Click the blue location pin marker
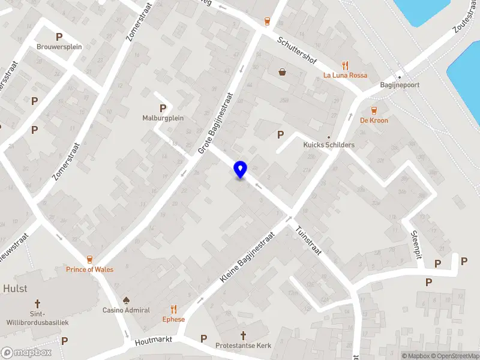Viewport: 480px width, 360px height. pyautogui.click(x=240, y=170)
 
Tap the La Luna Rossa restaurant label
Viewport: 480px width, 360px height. pyautogui.click(x=345, y=75)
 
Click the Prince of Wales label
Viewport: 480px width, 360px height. pyautogui.click(x=89, y=269)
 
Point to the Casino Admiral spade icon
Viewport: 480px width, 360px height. pyautogui.click(x=126, y=299)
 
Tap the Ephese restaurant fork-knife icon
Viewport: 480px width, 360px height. pyautogui.click(x=174, y=309)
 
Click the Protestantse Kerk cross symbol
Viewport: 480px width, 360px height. pyautogui.click(x=244, y=335)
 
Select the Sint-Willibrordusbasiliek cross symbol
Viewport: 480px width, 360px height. pyautogui.click(x=37, y=304)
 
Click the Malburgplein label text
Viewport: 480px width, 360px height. pyautogui.click(x=163, y=118)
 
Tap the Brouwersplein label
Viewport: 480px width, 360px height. pyautogui.click(x=59, y=47)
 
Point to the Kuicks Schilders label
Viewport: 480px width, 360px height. pyautogui.click(x=329, y=145)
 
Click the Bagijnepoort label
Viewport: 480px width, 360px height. pyautogui.click(x=400, y=85)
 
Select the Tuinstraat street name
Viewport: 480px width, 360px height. pyautogui.click(x=309, y=240)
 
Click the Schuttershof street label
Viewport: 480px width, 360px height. pyautogui.click(x=296, y=51)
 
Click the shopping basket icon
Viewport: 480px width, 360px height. pyautogui.click(x=283, y=72)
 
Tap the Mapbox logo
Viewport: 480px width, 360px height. pyautogui.click(x=26, y=353)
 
